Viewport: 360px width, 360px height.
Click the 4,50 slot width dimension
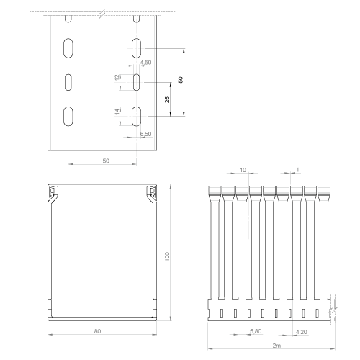click(x=146, y=63)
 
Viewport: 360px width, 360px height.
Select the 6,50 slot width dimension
click(x=146, y=134)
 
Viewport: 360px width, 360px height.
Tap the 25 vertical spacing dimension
click(x=167, y=99)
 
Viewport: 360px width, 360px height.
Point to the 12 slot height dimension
click(x=117, y=77)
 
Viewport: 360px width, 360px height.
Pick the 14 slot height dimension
click(x=117, y=112)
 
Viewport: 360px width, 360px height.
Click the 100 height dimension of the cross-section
click(x=167, y=256)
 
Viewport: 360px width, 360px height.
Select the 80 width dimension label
click(x=97, y=331)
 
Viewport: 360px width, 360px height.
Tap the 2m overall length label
click(x=276, y=346)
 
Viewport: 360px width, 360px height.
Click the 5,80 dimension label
click(x=256, y=331)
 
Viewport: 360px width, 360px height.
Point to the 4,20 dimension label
click(x=302, y=332)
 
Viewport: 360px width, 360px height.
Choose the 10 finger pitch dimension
click(x=243, y=170)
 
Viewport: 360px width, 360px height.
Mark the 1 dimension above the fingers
click(x=297, y=170)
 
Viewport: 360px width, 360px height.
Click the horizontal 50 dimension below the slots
click(x=106, y=161)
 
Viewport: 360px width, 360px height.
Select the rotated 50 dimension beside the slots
click(x=181, y=80)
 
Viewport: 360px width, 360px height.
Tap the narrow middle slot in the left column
click(x=68, y=82)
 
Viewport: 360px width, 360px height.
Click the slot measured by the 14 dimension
click(x=136, y=116)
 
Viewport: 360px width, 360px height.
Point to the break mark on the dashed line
click(x=102, y=14)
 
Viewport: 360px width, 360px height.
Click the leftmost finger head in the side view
click(x=215, y=190)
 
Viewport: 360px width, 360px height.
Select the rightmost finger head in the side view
click(x=324, y=190)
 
